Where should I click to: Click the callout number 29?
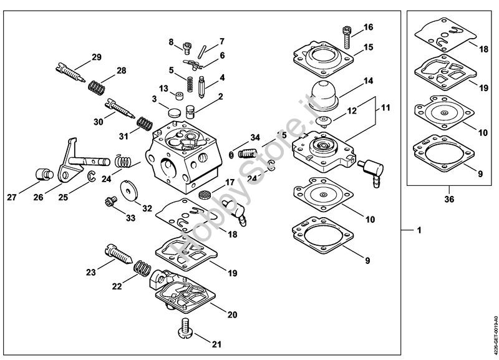(96, 57)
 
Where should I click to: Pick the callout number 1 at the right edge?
(419, 230)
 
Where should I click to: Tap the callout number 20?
(232, 314)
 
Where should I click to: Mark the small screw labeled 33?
(110, 201)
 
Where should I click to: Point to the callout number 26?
(38, 198)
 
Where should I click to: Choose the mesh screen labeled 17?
(203, 195)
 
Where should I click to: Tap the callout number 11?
(385, 108)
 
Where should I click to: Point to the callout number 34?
(254, 137)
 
